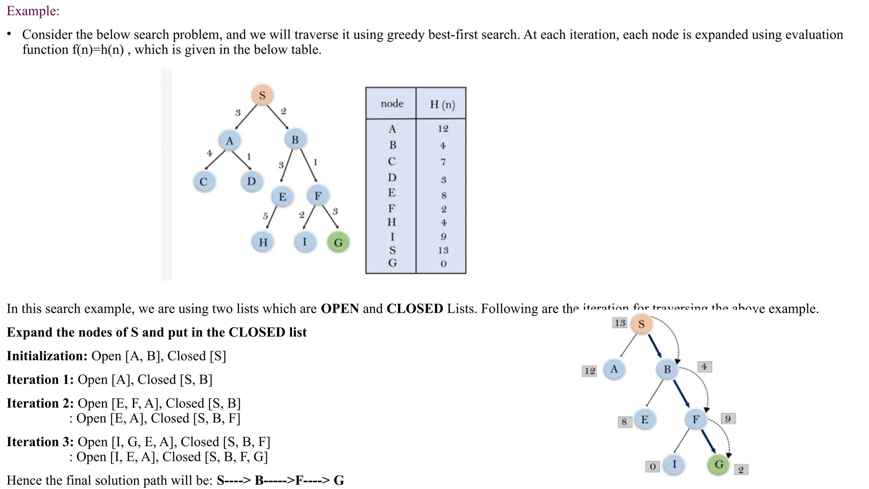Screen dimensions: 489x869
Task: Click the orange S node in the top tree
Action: point(262,95)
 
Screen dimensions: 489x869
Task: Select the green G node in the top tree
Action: point(338,243)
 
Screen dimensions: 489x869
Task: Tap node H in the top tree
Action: point(263,242)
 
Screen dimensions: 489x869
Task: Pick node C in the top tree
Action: point(204,182)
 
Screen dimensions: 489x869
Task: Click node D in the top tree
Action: point(252,182)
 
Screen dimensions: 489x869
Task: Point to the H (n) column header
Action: point(442,104)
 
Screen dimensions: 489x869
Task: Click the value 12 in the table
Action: point(443,129)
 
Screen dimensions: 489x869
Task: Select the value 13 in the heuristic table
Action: point(443,250)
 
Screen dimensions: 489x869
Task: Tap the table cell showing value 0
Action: point(443,264)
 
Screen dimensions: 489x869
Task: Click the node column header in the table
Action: point(392,104)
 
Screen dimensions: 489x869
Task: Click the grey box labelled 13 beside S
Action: point(620,323)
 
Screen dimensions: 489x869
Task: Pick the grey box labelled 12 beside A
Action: point(589,371)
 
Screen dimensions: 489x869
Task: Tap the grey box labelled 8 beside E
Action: point(624,422)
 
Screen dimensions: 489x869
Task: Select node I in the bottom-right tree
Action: point(674,464)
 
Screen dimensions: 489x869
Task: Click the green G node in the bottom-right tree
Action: point(719,464)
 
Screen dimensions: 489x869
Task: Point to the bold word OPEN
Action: point(340,309)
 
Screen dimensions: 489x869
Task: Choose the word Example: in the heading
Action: point(33,11)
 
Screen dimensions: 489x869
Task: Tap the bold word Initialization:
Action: point(47,356)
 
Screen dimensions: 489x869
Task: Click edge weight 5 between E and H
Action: point(265,216)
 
